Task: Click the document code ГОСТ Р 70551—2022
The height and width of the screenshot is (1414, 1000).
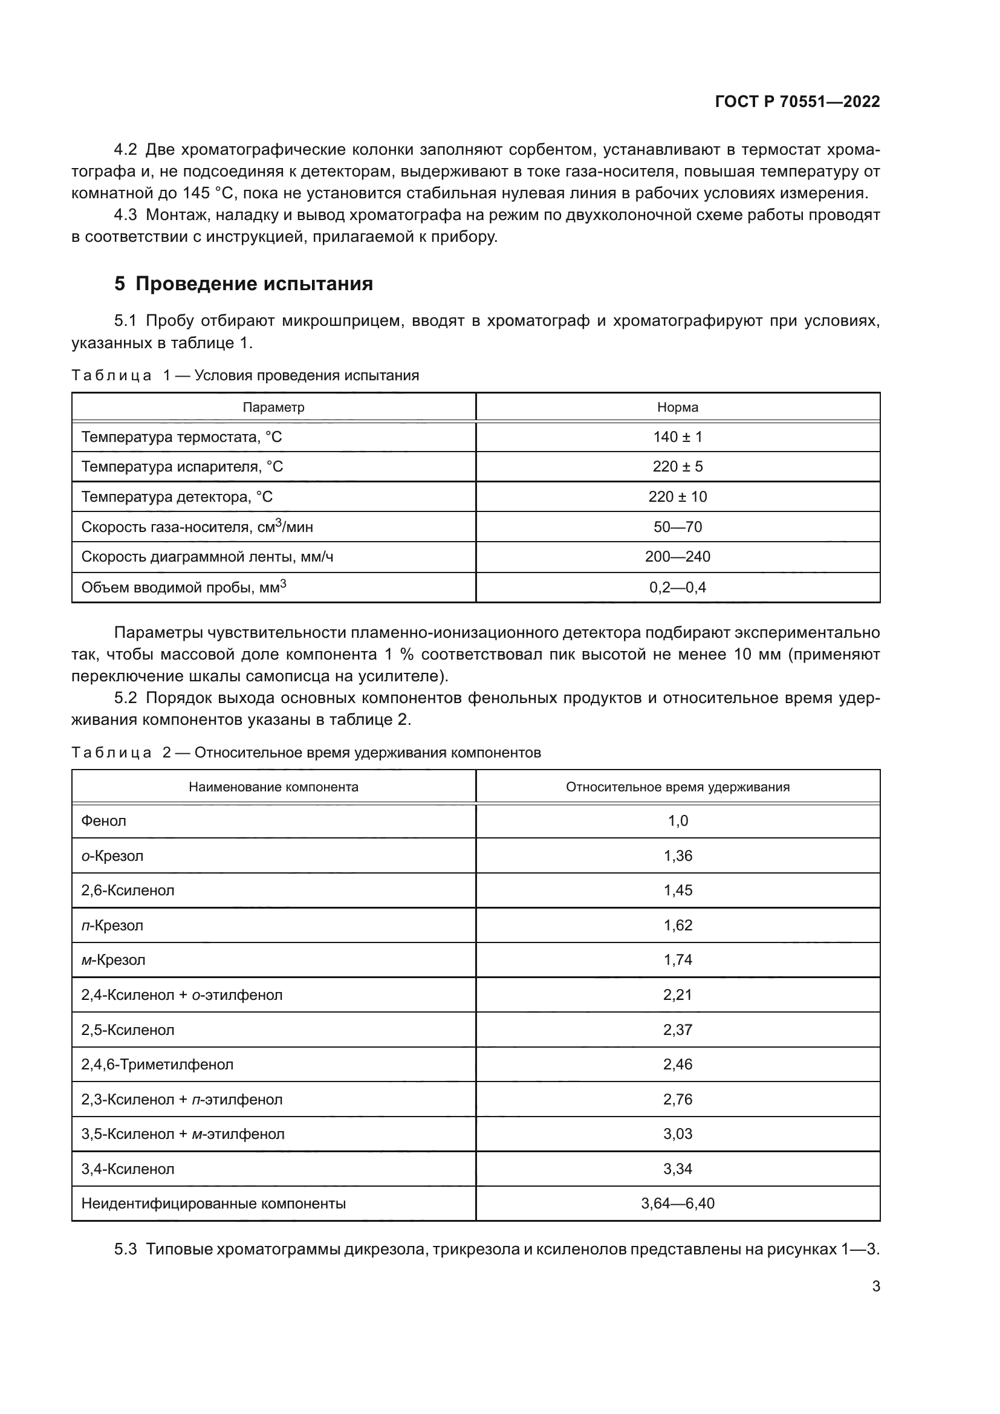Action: click(797, 102)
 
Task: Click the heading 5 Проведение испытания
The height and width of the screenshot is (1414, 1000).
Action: click(243, 284)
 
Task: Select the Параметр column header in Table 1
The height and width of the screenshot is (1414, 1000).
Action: click(273, 407)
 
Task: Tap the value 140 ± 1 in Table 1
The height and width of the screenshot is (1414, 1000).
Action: click(677, 437)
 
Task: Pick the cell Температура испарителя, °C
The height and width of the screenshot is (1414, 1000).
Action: click(182, 467)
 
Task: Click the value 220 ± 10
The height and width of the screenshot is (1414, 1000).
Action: click(677, 497)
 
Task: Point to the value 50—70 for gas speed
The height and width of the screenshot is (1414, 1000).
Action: click(677, 527)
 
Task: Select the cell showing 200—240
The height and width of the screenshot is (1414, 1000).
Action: click(677, 557)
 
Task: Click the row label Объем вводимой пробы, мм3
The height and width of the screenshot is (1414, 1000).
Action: click(184, 587)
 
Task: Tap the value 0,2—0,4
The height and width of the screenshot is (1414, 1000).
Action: click(677, 588)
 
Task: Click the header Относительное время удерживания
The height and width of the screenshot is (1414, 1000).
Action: click(677, 787)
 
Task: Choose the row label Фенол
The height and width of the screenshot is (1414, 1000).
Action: click(103, 821)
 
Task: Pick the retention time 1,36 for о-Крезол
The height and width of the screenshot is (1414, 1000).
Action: click(677, 856)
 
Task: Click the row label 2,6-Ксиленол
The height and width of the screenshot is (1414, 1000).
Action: click(128, 890)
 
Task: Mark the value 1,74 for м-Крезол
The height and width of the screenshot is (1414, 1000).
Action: click(677, 960)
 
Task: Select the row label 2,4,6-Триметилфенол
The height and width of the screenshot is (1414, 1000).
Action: click(157, 1065)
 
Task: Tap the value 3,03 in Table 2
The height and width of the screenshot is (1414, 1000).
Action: click(677, 1134)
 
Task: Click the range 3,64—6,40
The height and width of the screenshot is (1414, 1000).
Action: click(677, 1204)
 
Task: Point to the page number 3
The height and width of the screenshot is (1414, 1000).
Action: click(875, 1286)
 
